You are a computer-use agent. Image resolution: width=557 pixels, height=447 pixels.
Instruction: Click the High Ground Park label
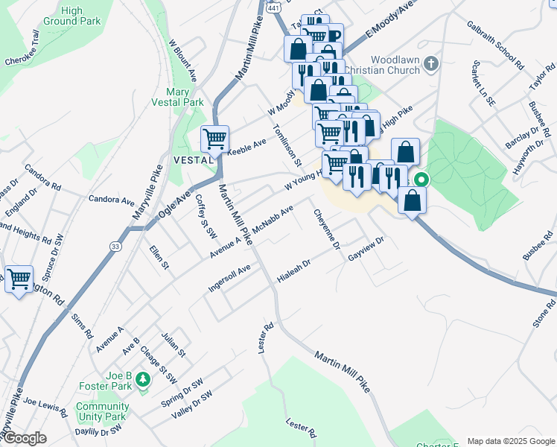(71, 16)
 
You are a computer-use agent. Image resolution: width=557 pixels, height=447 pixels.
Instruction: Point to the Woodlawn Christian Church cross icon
(430, 65)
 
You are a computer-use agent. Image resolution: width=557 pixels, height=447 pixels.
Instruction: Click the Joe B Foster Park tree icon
(142, 381)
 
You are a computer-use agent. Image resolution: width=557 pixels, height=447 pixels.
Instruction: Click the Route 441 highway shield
(274, 7)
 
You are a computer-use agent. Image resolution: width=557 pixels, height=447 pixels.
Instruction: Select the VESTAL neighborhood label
(189, 160)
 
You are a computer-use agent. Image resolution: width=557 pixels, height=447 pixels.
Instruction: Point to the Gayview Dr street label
(366, 250)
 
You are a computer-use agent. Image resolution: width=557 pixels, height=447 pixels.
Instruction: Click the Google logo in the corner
(25, 438)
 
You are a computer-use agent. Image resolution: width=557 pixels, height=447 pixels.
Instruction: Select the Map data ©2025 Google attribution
(509, 441)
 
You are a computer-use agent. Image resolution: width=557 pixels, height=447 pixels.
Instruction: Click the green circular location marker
(421, 180)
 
